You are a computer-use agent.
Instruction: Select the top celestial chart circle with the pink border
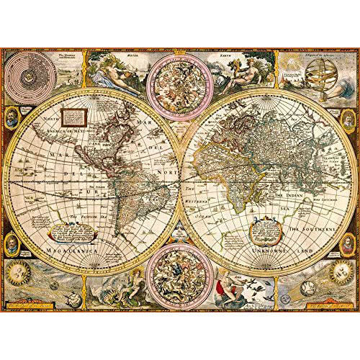(179, 78)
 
